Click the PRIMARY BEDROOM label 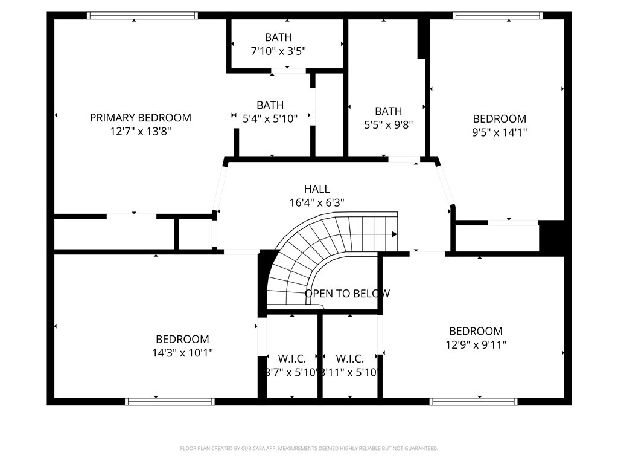140,118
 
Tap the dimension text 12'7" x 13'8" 140,131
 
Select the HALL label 317,190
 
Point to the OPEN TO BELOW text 347,294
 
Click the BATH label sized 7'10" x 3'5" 278,38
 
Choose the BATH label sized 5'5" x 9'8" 388,111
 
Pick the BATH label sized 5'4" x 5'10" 270,106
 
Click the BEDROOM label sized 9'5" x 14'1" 499,119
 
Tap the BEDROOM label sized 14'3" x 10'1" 182,340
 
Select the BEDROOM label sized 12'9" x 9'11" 476,331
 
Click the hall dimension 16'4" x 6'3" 317,203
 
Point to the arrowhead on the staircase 394,234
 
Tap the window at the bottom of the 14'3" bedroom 170,401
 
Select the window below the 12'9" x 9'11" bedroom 473,401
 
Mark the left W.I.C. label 291,359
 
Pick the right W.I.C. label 349,359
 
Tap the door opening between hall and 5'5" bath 404,159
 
